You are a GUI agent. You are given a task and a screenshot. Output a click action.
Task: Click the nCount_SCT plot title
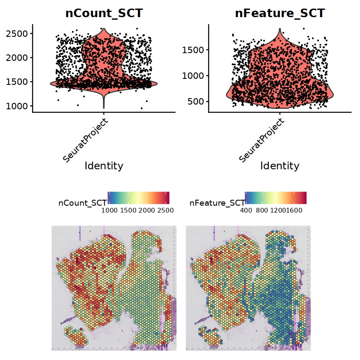coord(104,13)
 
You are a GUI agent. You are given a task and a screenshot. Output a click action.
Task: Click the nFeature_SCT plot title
coord(279,13)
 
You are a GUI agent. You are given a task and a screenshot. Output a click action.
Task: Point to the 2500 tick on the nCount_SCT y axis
coord(17,33)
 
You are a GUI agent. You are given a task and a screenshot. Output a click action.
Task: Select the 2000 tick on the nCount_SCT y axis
coord(17,57)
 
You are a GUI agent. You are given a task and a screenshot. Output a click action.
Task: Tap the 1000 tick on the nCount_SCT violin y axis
coord(17,105)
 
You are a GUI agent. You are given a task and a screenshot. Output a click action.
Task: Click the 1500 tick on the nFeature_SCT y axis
coord(192,50)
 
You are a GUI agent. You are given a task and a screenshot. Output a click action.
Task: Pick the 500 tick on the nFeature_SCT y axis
coord(195,102)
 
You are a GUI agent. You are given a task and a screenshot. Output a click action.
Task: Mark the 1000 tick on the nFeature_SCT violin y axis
coord(192,76)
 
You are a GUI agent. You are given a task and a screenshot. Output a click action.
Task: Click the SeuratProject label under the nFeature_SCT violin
coord(261,141)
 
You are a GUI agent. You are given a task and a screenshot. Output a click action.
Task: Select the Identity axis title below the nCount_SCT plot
coord(104,166)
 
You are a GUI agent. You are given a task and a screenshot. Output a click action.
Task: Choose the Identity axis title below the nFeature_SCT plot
coord(279,166)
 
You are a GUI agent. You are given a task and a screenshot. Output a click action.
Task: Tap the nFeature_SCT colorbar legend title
coord(216,204)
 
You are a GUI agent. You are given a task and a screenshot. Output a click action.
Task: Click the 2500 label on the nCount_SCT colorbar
coord(165,210)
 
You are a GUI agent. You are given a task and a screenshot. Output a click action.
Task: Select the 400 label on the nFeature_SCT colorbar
coord(246,210)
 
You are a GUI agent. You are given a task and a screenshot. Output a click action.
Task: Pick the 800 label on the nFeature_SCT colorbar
coord(262,210)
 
